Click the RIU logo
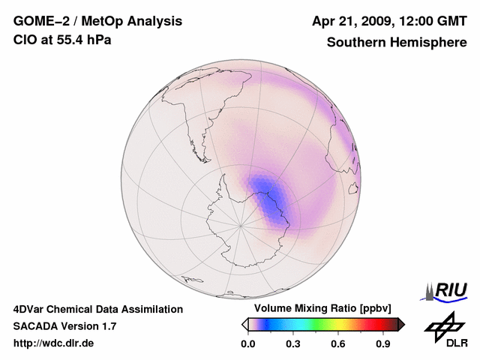pos(445,290)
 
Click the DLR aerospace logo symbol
pos(442,324)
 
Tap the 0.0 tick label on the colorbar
pos(247,344)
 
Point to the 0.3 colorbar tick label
pos(293,344)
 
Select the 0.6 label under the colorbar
pos(338,344)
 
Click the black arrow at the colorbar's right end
pos(401,324)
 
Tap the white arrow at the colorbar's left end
pos(244,324)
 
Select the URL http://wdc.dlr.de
pos(55,343)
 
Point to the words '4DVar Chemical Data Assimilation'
pos(98,309)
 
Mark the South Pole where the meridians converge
pos(241,225)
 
